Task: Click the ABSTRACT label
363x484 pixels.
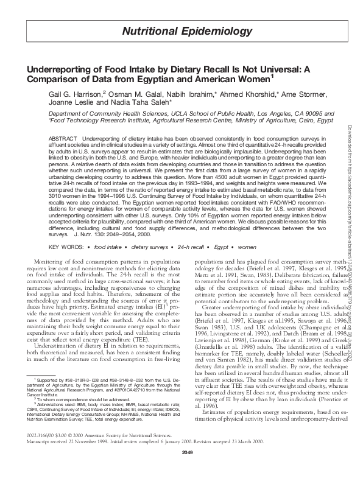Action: point(63,139)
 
